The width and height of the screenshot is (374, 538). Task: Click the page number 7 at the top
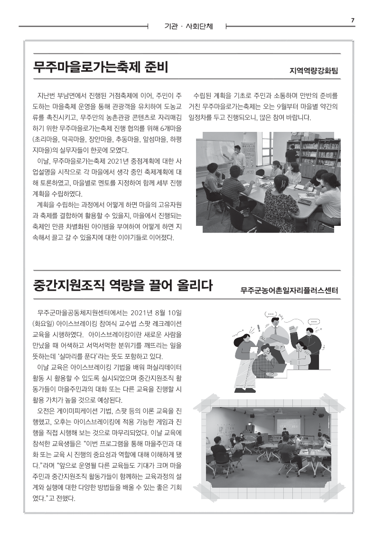[353, 19]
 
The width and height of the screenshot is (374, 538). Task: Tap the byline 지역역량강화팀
[317, 72]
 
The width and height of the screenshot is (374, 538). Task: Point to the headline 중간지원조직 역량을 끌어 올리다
[123, 286]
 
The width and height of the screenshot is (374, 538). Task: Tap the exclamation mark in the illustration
[259, 328]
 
